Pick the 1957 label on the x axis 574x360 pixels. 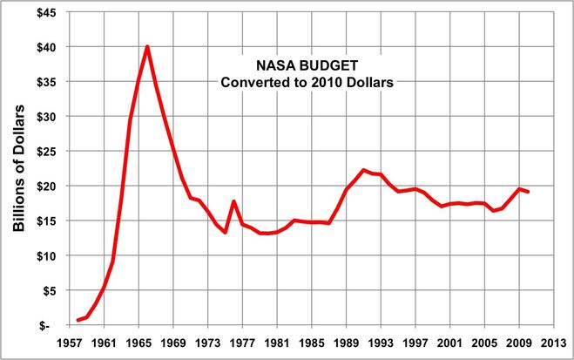click(69, 342)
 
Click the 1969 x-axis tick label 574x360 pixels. click(173, 342)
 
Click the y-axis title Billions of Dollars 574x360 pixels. click(18, 169)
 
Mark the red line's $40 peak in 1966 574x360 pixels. click(147, 46)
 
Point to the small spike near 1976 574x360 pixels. click(233, 201)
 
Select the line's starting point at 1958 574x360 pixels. click(78, 320)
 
